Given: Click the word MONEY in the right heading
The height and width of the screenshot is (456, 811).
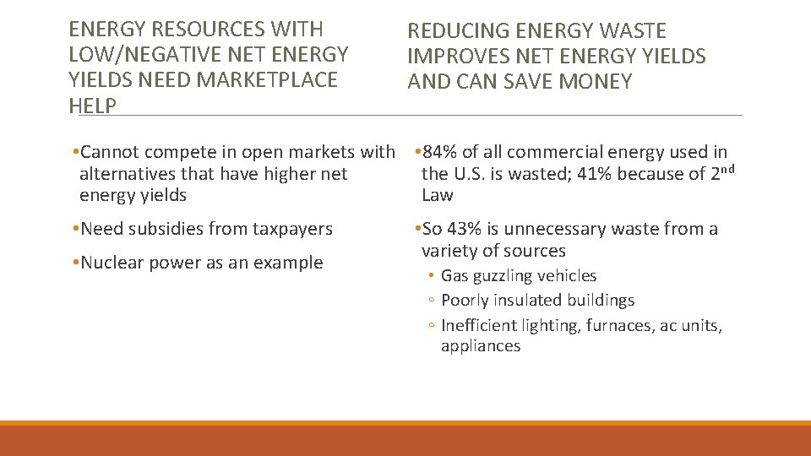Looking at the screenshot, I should pos(596,82).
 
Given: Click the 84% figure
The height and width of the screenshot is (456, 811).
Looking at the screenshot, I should pos(438,152).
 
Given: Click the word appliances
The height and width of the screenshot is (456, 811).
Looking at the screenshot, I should pos(481,346).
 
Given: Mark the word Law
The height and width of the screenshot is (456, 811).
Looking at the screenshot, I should pos(437,195).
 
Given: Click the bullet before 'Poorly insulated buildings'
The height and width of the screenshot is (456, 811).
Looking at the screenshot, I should pos(431,301).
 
